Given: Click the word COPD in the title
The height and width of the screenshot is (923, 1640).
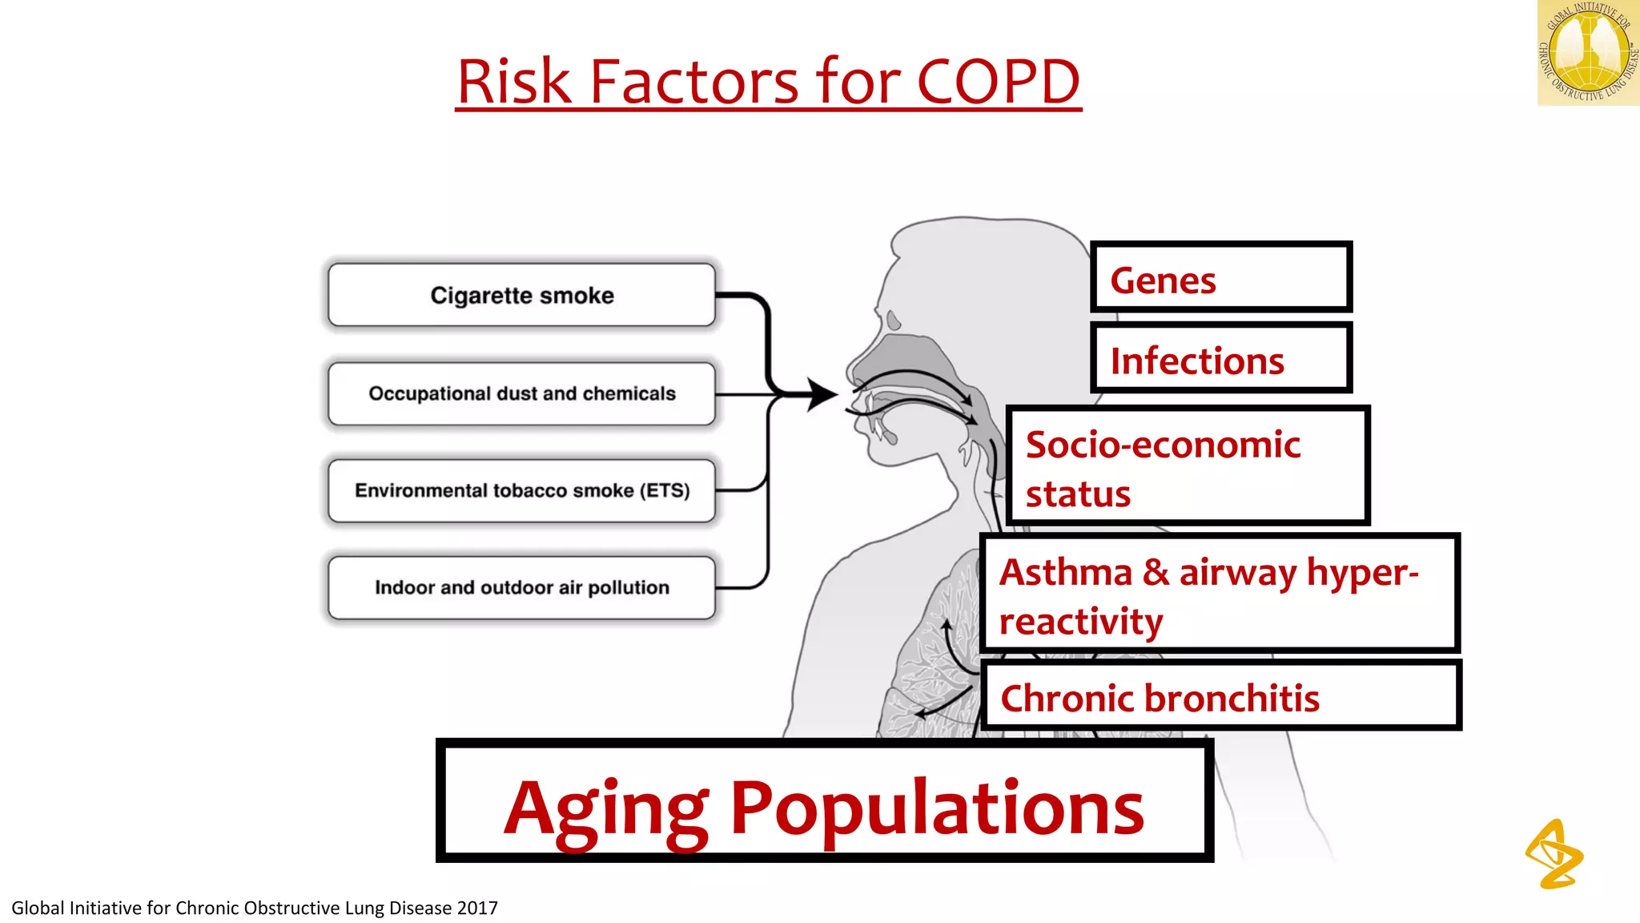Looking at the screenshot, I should coord(998,82).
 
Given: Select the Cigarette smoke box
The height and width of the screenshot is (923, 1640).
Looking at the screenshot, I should coord(521,295).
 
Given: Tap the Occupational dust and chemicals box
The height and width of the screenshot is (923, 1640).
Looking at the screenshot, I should coord(521,393).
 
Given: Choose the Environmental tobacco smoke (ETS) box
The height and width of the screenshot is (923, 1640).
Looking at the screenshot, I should coord(521,490).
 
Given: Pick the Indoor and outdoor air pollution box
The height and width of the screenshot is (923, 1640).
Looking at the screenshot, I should coord(521,587).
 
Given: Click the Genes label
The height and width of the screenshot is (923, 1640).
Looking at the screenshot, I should coord(1163,280).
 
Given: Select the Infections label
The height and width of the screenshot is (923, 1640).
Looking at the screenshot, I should coord(1197,361).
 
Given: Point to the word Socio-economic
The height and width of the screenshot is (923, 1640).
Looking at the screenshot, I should coord(1163,445).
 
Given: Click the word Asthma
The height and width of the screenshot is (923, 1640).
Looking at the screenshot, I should coord(1066,572).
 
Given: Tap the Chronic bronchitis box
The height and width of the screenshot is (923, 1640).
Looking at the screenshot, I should coord(1220,696).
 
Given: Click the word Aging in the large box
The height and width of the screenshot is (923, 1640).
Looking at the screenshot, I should coord(606,809).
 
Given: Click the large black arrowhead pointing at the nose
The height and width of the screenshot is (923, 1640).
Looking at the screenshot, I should coord(822,394).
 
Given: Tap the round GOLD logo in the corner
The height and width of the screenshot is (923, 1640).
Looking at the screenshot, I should coord(1587,53).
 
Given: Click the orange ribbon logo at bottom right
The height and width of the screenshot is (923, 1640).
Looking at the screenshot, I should coord(1554,854).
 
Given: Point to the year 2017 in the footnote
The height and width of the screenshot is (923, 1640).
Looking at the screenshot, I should coord(476,908).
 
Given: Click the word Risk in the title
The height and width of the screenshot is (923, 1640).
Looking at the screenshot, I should coord(514,82).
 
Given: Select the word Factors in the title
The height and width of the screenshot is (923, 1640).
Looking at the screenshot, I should coord(694,82).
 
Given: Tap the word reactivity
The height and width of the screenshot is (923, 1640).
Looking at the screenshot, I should coord(1081,622).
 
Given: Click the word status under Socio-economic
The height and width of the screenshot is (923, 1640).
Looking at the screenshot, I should coord(1078,494).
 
